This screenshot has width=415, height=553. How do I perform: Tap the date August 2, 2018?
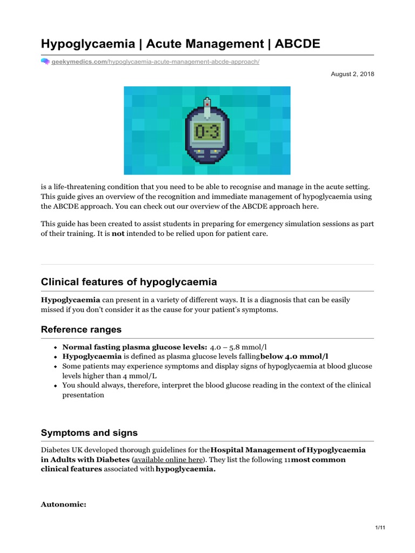point(352,74)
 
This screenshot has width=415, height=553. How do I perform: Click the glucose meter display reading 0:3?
point(207,130)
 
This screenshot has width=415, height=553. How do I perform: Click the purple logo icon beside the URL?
point(45,62)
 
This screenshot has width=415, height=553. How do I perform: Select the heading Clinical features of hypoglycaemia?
point(129,282)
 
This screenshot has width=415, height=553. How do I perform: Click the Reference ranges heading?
point(81,329)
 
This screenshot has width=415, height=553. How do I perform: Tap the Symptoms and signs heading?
point(89,433)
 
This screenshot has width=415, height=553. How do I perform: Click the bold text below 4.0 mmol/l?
point(294,356)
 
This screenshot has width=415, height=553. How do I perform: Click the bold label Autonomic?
point(64,504)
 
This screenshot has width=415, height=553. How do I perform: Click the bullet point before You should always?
point(56,386)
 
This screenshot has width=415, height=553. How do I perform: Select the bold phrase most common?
point(318,460)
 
